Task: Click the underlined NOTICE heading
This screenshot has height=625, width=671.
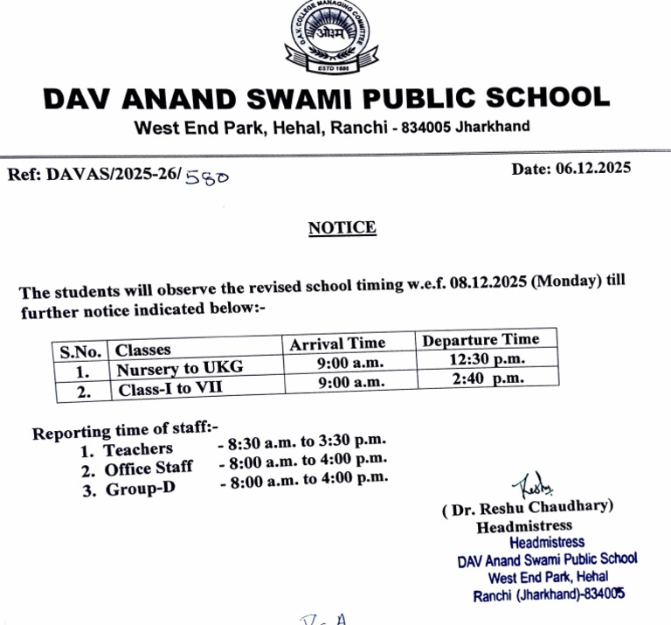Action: tap(342, 228)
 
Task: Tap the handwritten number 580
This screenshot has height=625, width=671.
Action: tap(208, 177)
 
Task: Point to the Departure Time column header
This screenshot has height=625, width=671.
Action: tap(481, 340)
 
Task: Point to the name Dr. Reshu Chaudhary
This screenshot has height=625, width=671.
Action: tap(528, 507)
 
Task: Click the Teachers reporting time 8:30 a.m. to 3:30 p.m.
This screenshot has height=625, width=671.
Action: tap(302, 442)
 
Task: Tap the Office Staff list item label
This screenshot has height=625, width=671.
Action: tap(149, 469)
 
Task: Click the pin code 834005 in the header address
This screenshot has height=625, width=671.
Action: tap(425, 128)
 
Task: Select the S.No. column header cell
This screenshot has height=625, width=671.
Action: tap(80, 351)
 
